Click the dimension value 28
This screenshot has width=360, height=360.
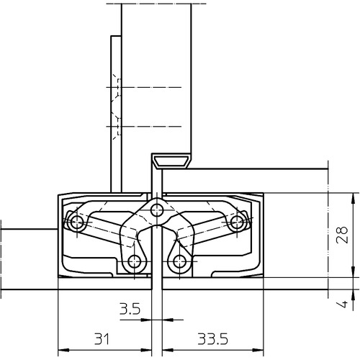343,235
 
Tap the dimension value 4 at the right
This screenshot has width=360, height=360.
343,305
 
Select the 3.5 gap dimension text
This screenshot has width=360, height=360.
130,311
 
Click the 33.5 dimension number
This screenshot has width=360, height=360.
204,338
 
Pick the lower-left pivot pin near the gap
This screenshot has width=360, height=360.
133,261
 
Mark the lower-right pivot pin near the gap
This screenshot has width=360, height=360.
181,261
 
